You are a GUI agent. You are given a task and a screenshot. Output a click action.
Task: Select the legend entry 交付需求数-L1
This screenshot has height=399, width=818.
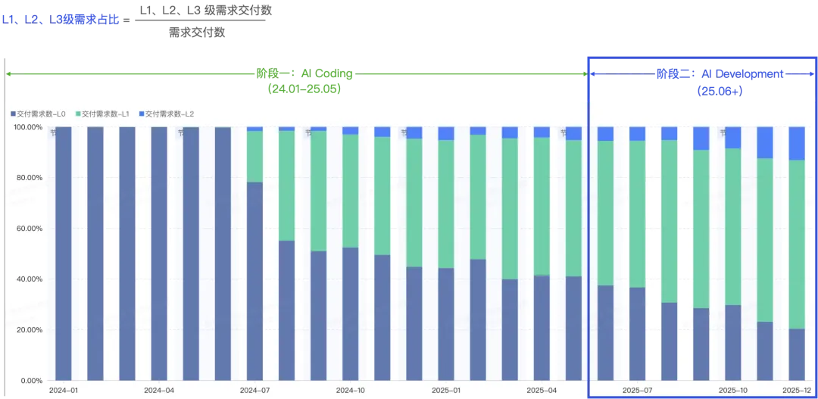[106, 114]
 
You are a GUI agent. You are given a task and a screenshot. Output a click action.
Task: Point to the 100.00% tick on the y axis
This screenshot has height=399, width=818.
[29, 127]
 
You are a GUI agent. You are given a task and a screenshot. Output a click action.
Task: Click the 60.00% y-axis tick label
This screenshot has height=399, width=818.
[29, 229]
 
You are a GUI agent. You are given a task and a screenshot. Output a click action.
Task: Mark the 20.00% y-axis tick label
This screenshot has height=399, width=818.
[29, 330]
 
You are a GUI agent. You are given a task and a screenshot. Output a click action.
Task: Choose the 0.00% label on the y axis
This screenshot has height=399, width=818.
[31, 381]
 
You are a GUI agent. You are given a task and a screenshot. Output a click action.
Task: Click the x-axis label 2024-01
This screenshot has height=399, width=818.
[63, 391]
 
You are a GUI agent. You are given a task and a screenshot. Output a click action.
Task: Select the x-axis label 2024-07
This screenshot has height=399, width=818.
[254, 391]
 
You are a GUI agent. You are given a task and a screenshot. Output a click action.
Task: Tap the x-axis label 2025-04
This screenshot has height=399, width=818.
[542, 391]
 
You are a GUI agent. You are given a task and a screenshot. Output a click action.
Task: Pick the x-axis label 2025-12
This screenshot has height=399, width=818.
[797, 391]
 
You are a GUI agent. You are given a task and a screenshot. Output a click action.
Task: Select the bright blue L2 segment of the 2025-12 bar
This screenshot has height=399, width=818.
[797, 143]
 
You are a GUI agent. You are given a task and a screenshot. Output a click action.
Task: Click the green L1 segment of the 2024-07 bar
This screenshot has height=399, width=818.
[254, 157]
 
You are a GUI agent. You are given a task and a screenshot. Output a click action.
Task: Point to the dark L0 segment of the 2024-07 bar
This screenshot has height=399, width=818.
[254, 281]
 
